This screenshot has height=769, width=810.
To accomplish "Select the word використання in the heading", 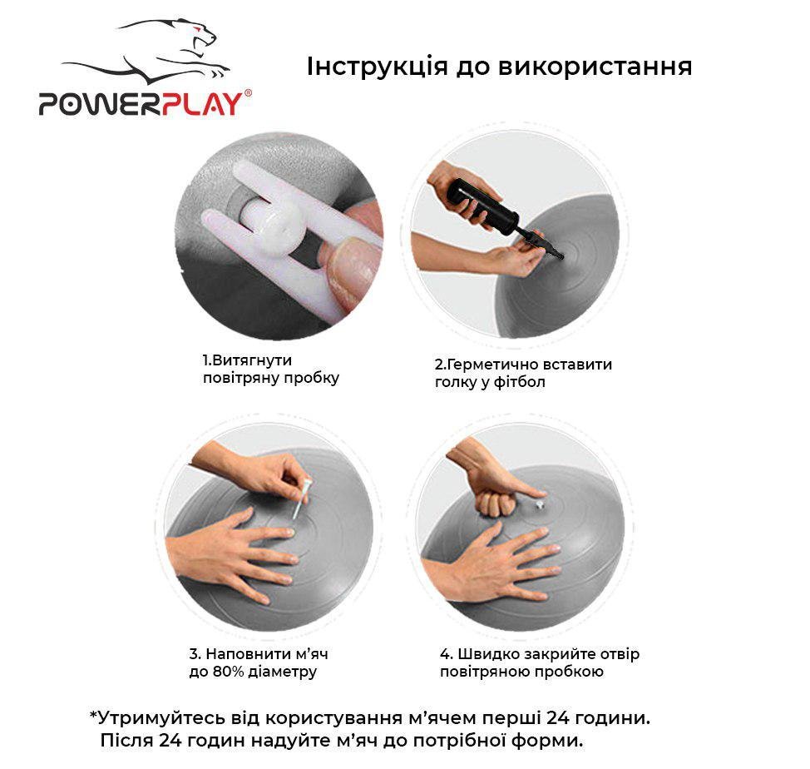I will click(595, 67).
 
